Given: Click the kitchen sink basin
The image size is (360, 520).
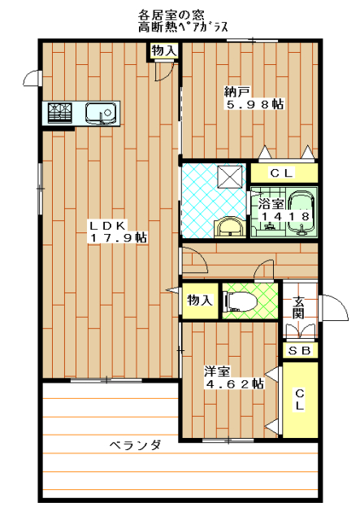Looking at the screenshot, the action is click(x=102, y=114).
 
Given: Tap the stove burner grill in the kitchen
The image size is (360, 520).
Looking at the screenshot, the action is click(x=60, y=113).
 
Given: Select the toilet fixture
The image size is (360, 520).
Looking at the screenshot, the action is click(x=241, y=301).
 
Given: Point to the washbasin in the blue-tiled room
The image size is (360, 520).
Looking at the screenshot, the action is click(x=230, y=227).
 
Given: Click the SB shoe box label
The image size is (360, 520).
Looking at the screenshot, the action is click(x=300, y=350).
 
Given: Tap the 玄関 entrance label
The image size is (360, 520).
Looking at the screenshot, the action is click(x=299, y=307).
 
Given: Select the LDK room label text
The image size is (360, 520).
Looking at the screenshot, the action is click(x=107, y=226).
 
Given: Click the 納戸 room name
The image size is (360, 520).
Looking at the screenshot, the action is click(x=237, y=92).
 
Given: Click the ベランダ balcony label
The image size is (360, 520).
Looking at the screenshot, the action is click(x=136, y=444).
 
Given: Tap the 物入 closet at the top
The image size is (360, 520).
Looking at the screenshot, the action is click(x=163, y=50).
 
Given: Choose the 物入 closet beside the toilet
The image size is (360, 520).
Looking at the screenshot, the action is click(x=200, y=301).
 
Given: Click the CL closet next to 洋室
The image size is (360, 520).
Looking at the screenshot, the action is click(x=300, y=400).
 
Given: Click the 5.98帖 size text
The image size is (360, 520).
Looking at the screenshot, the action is click(x=255, y=105).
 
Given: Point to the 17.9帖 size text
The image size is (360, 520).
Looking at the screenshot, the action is click(x=119, y=238).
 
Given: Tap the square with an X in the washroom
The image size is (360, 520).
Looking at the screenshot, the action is click(x=231, y=175).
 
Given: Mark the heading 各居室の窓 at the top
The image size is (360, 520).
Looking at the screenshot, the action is click(x=171, y=15).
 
